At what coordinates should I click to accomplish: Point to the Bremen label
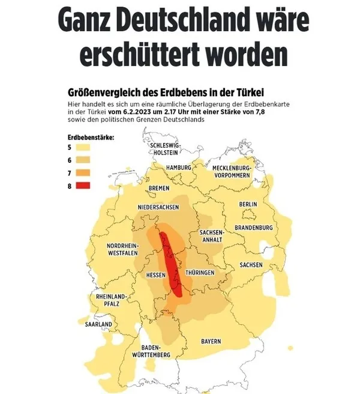coord(158,188)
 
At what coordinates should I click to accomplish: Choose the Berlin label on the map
coord(248,205)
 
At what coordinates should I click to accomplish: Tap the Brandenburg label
coord(254,228)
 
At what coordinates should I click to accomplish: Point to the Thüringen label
coord(200,273)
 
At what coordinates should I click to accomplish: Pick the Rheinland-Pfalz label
coord(111,300)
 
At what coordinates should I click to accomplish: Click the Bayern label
coord(211,341)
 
